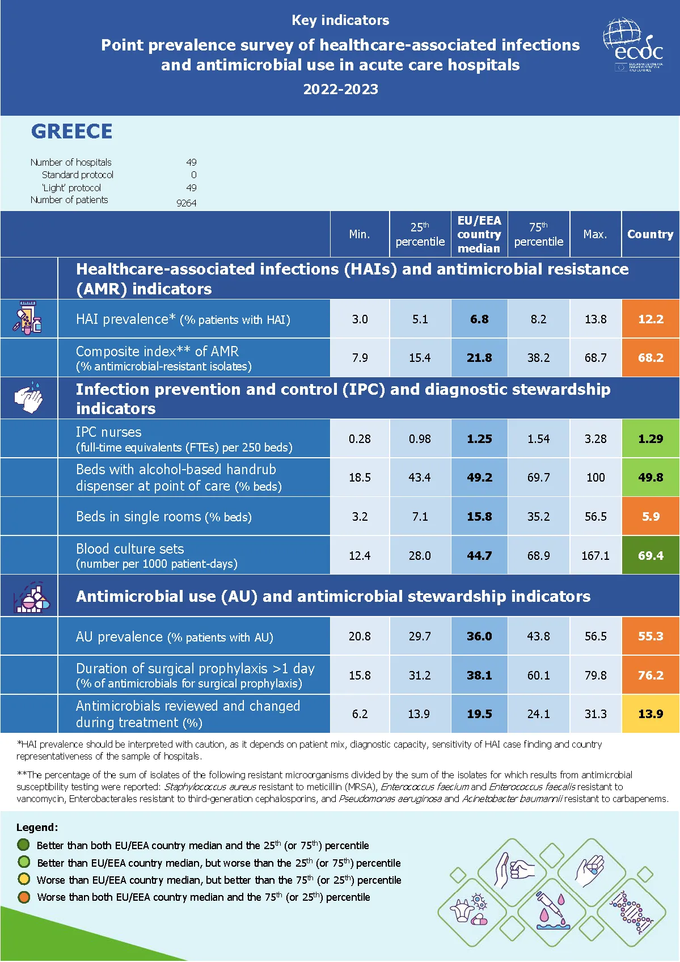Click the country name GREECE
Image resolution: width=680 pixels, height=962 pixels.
pyautogui.click(x=72, y=131)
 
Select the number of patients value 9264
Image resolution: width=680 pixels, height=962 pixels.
pyautogui.click(x=186, y=202)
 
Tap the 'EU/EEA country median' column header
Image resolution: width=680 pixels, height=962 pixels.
pyautogui.click(x=479, y=234)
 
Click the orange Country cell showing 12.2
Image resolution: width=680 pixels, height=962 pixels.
pyautogui.click(x=651, y=319)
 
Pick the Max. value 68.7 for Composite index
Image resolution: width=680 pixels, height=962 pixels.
pyautogui.click(x=595, y=358)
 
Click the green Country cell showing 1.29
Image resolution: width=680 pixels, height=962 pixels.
pyautogui.click(x=651, y=438)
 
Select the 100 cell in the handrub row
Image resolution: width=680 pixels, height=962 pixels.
pyautogui.click(x=595, y=478)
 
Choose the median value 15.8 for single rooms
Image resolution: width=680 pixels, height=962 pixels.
pyautogui.click(x=479, y=517)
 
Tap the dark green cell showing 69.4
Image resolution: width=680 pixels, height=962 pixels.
pyautogui.click(x=651, y=555)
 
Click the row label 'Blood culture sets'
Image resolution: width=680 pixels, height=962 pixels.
pyautogui.click(x=130, y=548)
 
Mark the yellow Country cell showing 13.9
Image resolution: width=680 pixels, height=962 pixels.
pyautogui.click(x=651, y=714)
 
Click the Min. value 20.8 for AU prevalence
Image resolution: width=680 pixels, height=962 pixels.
pyautogui.click(x=360, y=636)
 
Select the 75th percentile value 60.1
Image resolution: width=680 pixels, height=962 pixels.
pyautogui.click(x=538, y=676)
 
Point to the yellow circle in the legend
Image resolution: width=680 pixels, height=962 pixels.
pyautogui.click(x=24, y=879)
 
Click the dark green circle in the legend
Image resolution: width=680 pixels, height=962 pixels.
pyautogui.click(x=24, y=845)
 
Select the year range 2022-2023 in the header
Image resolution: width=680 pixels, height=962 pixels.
pyautogui.click(x=340, y=89)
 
